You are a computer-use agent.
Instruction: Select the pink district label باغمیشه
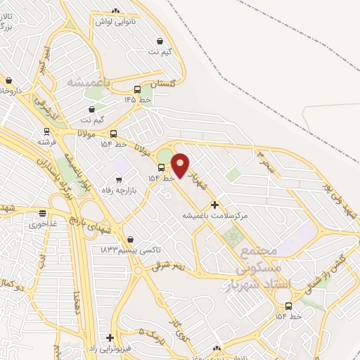(89, 82)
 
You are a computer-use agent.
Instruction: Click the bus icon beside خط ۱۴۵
(137, 89)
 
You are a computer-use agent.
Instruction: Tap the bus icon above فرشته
(46, 131)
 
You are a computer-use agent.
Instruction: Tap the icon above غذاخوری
(43, 213)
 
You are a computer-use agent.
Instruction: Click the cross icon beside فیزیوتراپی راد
(109, 337)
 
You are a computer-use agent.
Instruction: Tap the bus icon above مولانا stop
(113, 134)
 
